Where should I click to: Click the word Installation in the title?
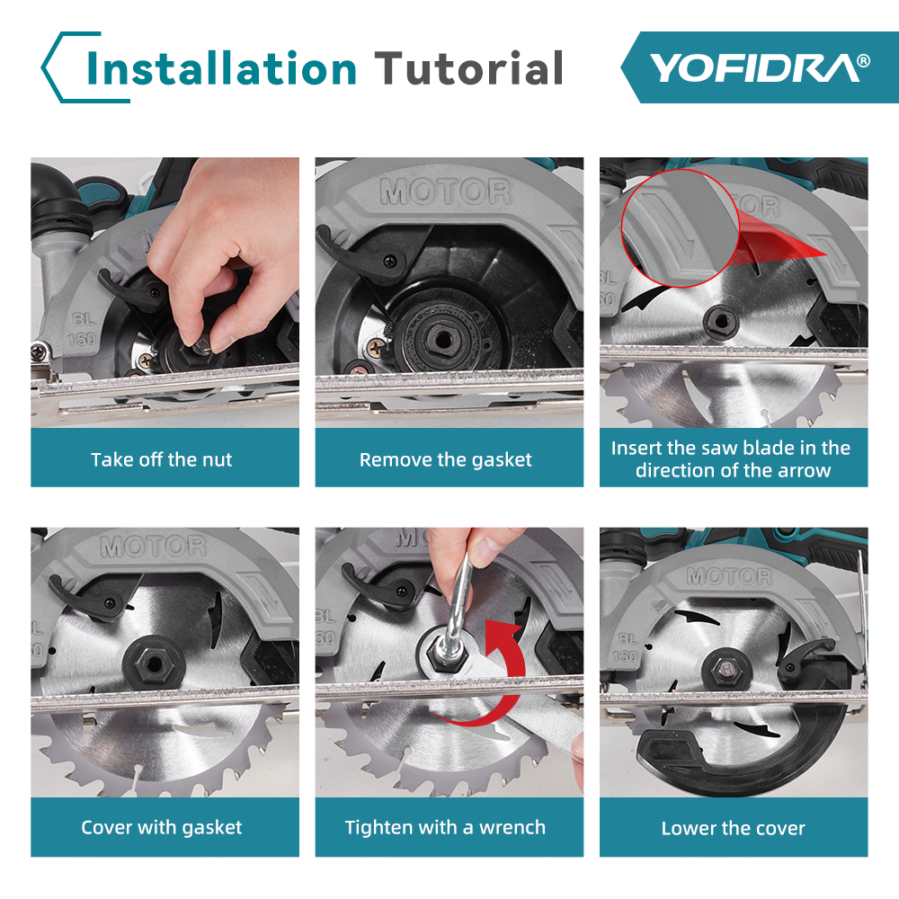coord(222,68)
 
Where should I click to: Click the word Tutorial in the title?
coord(468,68)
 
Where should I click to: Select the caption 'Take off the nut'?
coord(161,459)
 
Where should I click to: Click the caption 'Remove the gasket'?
coord(446,459)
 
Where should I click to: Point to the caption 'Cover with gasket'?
coord(161,827)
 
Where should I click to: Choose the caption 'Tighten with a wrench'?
coord(445,827)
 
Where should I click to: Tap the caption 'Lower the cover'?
coord(734,828)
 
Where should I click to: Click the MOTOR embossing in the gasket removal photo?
coord(446,191)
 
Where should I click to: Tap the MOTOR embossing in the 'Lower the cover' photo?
coord(729,575)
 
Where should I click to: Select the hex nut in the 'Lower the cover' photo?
coord(725,669)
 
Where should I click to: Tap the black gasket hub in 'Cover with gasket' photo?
coord(154,664)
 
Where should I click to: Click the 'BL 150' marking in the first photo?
coord(82,330)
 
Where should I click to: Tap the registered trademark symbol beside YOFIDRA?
coord(863,61)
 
